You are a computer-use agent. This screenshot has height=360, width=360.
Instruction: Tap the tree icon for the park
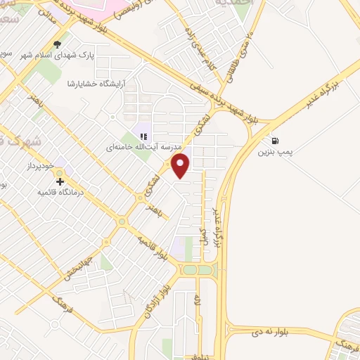(58, 44)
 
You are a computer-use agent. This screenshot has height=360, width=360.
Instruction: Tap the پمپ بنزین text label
(274, 150)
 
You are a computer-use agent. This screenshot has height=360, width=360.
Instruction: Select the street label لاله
(198, 302)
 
